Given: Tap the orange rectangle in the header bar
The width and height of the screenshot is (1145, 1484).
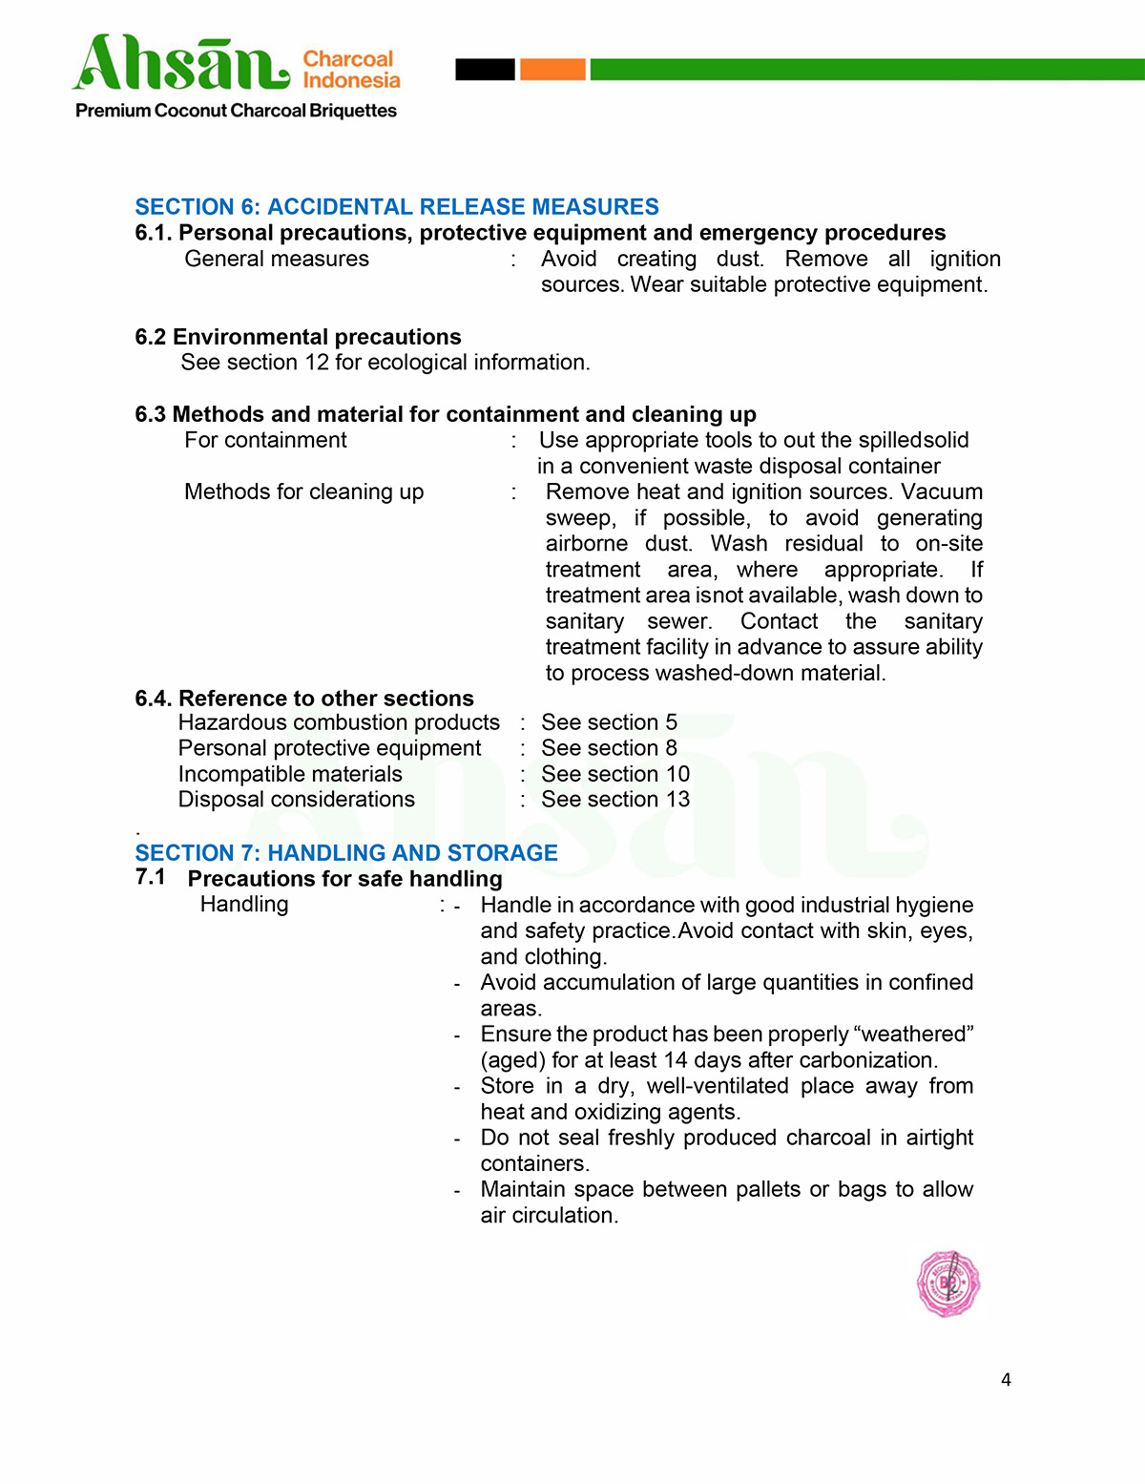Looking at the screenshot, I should pos(552,69).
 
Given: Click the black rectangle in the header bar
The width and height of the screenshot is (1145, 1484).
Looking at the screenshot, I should pos(485,69).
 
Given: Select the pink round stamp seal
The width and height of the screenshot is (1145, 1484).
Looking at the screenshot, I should pos(947,1284).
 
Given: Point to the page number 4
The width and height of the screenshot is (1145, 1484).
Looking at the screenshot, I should pos(1006,1380).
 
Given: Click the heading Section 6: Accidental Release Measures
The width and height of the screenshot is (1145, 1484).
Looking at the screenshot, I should pos(397,207).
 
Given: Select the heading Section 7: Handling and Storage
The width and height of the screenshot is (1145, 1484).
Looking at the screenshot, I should pos(346,853).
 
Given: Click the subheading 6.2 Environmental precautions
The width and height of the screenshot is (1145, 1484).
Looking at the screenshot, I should pos(298,337).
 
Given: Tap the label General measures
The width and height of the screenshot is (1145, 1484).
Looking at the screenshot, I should pos(277,259).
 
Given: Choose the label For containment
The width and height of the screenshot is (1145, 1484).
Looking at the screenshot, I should pos(265,440).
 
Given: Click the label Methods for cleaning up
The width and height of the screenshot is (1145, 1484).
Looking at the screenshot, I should pos(303,491).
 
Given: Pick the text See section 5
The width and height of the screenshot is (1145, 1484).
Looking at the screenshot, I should pos(609,722).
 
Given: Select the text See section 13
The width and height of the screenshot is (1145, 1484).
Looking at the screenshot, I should pos(615,800).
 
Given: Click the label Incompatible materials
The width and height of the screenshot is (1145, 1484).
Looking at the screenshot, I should pos(290,774).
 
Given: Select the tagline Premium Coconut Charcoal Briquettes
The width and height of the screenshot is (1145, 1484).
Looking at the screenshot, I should pos(236,111).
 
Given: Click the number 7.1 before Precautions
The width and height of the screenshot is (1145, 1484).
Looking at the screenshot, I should pos(150,877).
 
